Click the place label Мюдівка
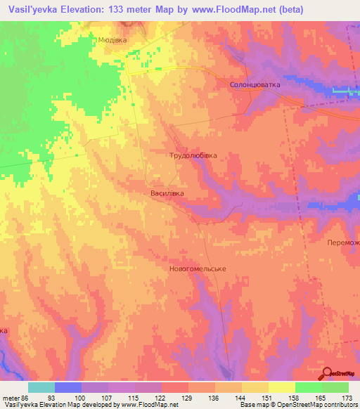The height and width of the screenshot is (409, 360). click(112, 40)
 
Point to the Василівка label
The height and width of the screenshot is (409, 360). click(167, 192)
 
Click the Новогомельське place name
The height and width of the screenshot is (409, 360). click(197, 269)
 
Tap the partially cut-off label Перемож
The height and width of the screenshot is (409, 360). click(343, 242)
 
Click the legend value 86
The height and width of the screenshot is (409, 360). click(26, 398)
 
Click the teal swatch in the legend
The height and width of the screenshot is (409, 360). click(41, 387)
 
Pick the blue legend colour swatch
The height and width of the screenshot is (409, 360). click(68, 387)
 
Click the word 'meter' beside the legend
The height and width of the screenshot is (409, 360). click(11, 398)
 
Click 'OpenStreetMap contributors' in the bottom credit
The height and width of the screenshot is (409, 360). click(319, 405)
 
